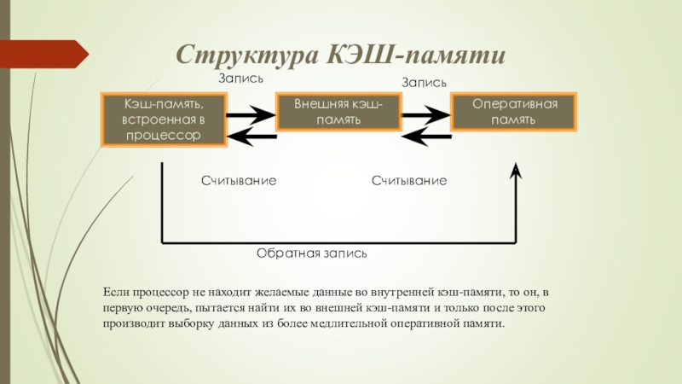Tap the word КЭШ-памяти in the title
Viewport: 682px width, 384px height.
416,54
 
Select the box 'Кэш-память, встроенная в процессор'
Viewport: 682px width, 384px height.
164,119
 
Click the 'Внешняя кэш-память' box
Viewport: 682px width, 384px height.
338,112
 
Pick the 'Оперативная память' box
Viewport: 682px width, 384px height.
514,112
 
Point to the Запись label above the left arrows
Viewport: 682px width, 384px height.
241,79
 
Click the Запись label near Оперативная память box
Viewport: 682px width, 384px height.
424,82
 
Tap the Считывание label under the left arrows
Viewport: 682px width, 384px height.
239,181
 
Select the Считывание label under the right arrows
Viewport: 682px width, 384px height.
409,181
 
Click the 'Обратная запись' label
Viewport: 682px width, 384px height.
312,253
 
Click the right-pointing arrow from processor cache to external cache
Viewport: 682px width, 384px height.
251,115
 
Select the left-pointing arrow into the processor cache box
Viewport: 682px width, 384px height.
252,137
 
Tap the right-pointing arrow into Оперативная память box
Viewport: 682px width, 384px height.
425,115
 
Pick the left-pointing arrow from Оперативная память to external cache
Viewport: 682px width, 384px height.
427,137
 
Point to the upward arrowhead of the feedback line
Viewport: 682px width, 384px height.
516,171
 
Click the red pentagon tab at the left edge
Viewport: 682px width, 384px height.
44,54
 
